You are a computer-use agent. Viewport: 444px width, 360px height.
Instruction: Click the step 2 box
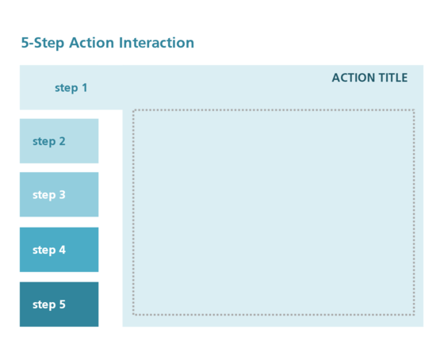[59, 141]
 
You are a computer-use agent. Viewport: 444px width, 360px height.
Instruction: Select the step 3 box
[59, 194]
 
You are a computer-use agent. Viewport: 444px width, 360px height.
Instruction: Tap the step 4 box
[59, 250]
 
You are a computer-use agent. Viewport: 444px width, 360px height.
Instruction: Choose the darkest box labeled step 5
[59, 304]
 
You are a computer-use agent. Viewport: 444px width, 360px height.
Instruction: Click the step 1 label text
[71, 88]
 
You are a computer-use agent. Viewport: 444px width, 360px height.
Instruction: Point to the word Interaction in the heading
[156, 43]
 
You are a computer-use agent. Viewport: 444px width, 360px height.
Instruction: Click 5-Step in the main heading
[43, 43]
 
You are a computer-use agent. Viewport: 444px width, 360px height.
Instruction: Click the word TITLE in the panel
[393, 78]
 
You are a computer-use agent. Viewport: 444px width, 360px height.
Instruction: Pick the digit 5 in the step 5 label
[62, 304]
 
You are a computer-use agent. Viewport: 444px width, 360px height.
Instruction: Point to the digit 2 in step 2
[62, 141]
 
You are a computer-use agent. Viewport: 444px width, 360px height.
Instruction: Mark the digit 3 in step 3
[62, 194]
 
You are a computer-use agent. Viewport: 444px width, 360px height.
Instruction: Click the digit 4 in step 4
[62, 250]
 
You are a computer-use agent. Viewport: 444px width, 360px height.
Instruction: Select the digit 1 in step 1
[84, 88]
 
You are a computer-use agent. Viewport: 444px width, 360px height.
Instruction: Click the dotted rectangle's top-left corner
[134, 111]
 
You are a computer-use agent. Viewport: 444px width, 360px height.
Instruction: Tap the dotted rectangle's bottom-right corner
[413, 314]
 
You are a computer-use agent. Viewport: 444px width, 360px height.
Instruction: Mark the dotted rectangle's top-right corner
[413, 111]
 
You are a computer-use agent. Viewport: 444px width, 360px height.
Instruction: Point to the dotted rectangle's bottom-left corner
[134, 314]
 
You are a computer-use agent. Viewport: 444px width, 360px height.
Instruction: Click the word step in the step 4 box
[44, 250]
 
